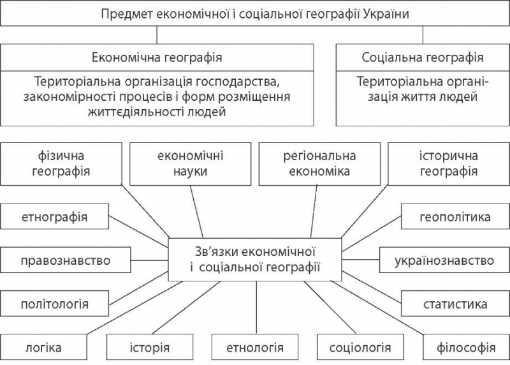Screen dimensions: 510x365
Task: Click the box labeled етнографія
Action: point(54,216)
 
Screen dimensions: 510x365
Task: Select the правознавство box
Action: point(66,260)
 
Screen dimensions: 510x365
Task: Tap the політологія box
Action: point(54,304)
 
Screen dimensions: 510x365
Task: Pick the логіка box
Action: point(43,347)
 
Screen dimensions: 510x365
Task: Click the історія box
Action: point(150,347)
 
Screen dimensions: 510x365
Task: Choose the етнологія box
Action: point(255,347)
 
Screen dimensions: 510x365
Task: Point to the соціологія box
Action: point(360,347)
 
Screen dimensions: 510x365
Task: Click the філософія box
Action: point(467,347)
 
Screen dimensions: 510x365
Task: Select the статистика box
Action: point(455,304)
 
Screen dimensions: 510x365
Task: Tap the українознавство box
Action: point(444,260)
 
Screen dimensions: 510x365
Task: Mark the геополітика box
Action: point(455,216)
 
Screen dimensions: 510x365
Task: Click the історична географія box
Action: point(449,164)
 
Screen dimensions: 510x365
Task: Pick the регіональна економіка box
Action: point(320,164)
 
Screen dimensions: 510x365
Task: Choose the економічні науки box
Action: point(190,164)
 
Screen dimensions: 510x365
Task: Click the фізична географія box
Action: point(61,164)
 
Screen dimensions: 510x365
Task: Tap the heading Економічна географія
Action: point(157,57)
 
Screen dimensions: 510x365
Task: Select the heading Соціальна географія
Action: point(423,57)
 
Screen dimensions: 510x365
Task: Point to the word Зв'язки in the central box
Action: point(216,251)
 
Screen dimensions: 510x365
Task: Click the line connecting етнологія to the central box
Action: point(257,308)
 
